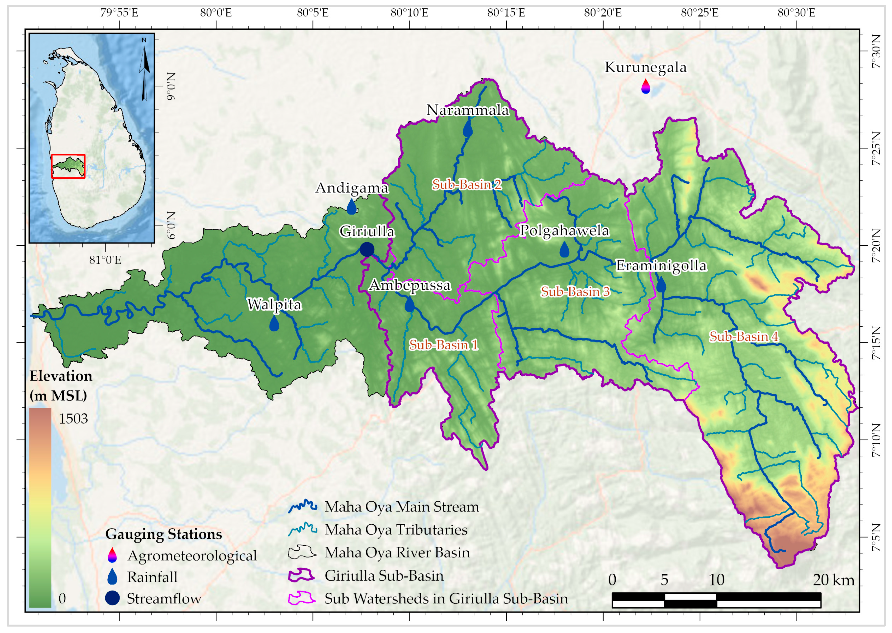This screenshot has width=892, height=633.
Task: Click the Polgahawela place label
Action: point(564,230)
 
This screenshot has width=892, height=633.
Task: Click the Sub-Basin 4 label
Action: point(744,336)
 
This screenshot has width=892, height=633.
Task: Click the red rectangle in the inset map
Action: point(68,167)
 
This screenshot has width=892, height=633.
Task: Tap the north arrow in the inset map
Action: point(144,70)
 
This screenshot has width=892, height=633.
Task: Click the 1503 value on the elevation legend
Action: point(73,419)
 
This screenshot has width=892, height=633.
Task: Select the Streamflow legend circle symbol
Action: point(112,598)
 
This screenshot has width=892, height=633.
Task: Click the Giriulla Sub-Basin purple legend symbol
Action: point(301,575)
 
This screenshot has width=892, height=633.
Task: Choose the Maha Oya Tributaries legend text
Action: point(396,530)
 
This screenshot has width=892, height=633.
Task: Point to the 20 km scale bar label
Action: point(833,580)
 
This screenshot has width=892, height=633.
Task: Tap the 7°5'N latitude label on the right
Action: point(876,537)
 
